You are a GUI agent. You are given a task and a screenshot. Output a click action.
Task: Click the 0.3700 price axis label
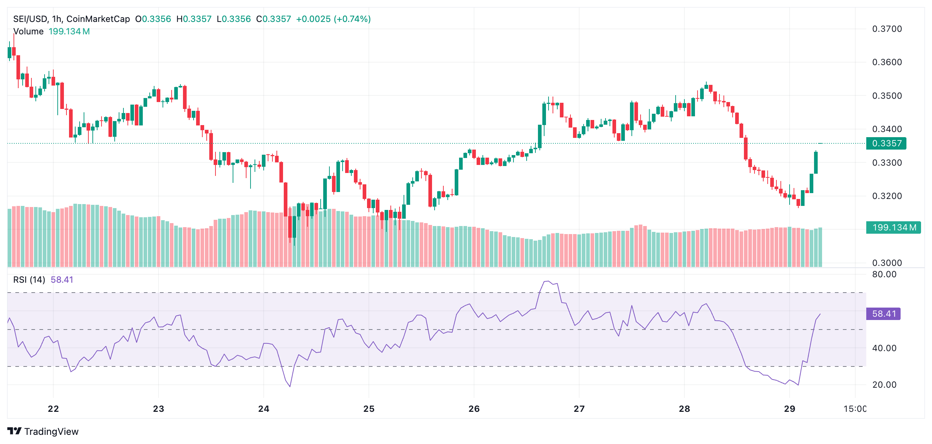point(887,29)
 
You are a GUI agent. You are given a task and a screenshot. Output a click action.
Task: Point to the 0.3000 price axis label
point(887,263)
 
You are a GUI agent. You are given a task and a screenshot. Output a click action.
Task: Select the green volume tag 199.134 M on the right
point(893,227)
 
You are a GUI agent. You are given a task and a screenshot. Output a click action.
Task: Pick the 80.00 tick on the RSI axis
point(884,274)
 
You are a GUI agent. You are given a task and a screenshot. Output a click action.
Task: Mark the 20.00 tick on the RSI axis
point(884,385)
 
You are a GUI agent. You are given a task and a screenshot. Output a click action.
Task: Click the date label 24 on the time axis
point(264,409)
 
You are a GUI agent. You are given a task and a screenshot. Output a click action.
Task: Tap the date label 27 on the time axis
point(579,409)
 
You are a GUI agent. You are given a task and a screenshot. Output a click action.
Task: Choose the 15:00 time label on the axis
point(855,409)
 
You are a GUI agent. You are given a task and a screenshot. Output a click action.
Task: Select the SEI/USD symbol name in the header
point(30,19)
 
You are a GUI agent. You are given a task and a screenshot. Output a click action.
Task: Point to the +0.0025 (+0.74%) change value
point(333,19)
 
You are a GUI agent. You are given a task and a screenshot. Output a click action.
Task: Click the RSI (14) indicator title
point(29,280)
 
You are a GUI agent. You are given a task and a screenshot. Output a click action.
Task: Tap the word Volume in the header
point(28,31)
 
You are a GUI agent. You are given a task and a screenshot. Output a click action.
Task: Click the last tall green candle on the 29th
point(816,163)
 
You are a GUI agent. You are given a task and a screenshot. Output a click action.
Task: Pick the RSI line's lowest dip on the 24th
point(290,386)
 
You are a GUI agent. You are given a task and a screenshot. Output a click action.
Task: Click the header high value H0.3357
point(194,19)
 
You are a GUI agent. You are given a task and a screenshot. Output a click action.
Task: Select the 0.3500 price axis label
point(887,96)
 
